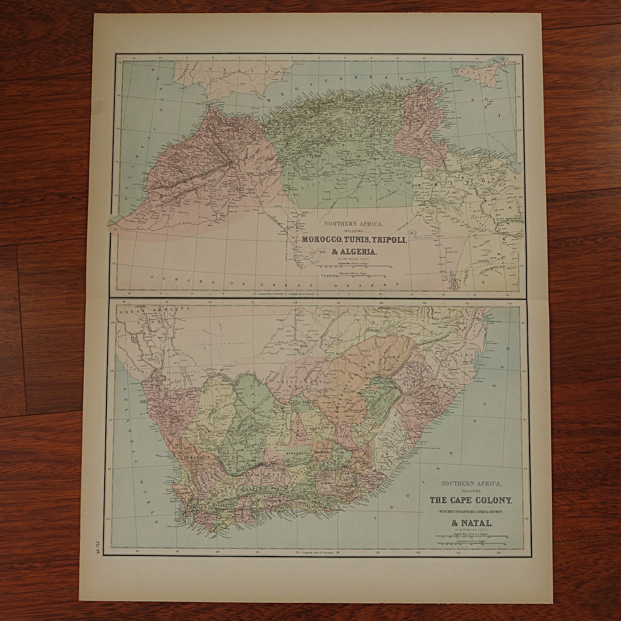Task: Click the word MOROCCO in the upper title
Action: (322, 240)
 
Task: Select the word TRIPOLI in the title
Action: (392, 240)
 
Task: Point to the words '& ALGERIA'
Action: (354, 252)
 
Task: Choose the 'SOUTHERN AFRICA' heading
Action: (471, 484)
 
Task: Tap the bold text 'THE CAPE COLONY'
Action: (470, 500)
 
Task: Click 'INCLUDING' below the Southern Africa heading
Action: (471, 492)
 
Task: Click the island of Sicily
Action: (478, 74)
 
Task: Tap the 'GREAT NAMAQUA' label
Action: (141, 311)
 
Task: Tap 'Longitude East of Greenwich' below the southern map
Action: (316, 553)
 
